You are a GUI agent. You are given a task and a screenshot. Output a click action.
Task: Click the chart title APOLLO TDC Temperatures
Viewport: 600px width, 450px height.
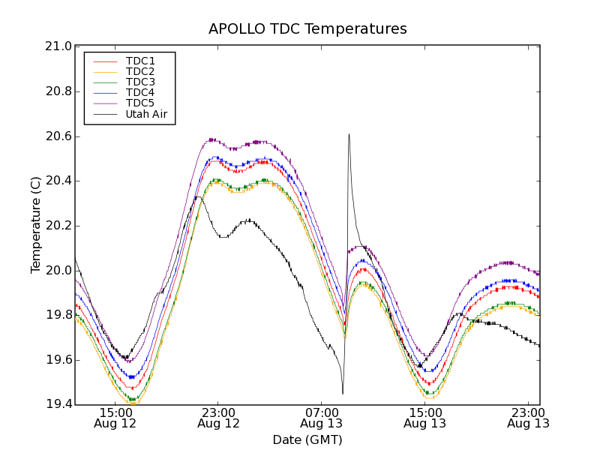[307, 29]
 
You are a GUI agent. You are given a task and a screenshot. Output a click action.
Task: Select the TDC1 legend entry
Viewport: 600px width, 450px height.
[140, 61]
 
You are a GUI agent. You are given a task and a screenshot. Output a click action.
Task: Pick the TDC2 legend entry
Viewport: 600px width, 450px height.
[140, 71]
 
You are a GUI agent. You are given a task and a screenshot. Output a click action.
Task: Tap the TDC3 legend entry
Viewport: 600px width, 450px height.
[140, 82]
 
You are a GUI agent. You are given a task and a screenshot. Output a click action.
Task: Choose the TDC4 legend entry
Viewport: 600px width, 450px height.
[140, 93]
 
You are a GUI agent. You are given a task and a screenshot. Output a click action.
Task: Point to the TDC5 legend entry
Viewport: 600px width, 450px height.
[140, 103]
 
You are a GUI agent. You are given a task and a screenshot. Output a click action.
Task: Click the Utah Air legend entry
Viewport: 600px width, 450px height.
[145, 115]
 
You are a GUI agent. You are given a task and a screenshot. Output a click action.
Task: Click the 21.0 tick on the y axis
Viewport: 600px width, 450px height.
[58, 46]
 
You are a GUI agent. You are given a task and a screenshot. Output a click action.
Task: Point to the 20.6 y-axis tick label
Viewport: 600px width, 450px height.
[58, 136]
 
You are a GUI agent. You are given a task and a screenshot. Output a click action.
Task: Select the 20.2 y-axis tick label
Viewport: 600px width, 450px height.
[58, 226]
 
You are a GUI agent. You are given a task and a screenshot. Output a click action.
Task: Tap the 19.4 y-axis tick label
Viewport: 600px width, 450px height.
[58, 405]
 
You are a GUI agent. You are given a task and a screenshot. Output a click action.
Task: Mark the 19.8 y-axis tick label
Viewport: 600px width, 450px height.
[58, 316]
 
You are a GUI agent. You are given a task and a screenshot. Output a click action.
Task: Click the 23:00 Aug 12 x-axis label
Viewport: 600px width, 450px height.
[218, 418]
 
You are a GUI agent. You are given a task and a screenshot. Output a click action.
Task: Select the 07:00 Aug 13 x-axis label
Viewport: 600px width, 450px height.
[322, 418]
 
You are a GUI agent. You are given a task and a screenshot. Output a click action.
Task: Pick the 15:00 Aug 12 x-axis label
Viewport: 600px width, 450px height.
[115, 418]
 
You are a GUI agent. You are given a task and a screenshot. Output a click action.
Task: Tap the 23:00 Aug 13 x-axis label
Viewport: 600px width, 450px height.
[528, 418]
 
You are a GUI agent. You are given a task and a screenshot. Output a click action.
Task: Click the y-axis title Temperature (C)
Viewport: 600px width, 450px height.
[36, 225]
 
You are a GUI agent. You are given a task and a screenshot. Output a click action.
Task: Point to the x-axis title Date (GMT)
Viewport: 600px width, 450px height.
[307, 439]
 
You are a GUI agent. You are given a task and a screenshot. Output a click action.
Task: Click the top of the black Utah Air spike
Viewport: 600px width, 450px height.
[349, 134]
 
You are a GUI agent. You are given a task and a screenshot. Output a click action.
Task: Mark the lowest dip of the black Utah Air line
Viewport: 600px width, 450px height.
[343, 393]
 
